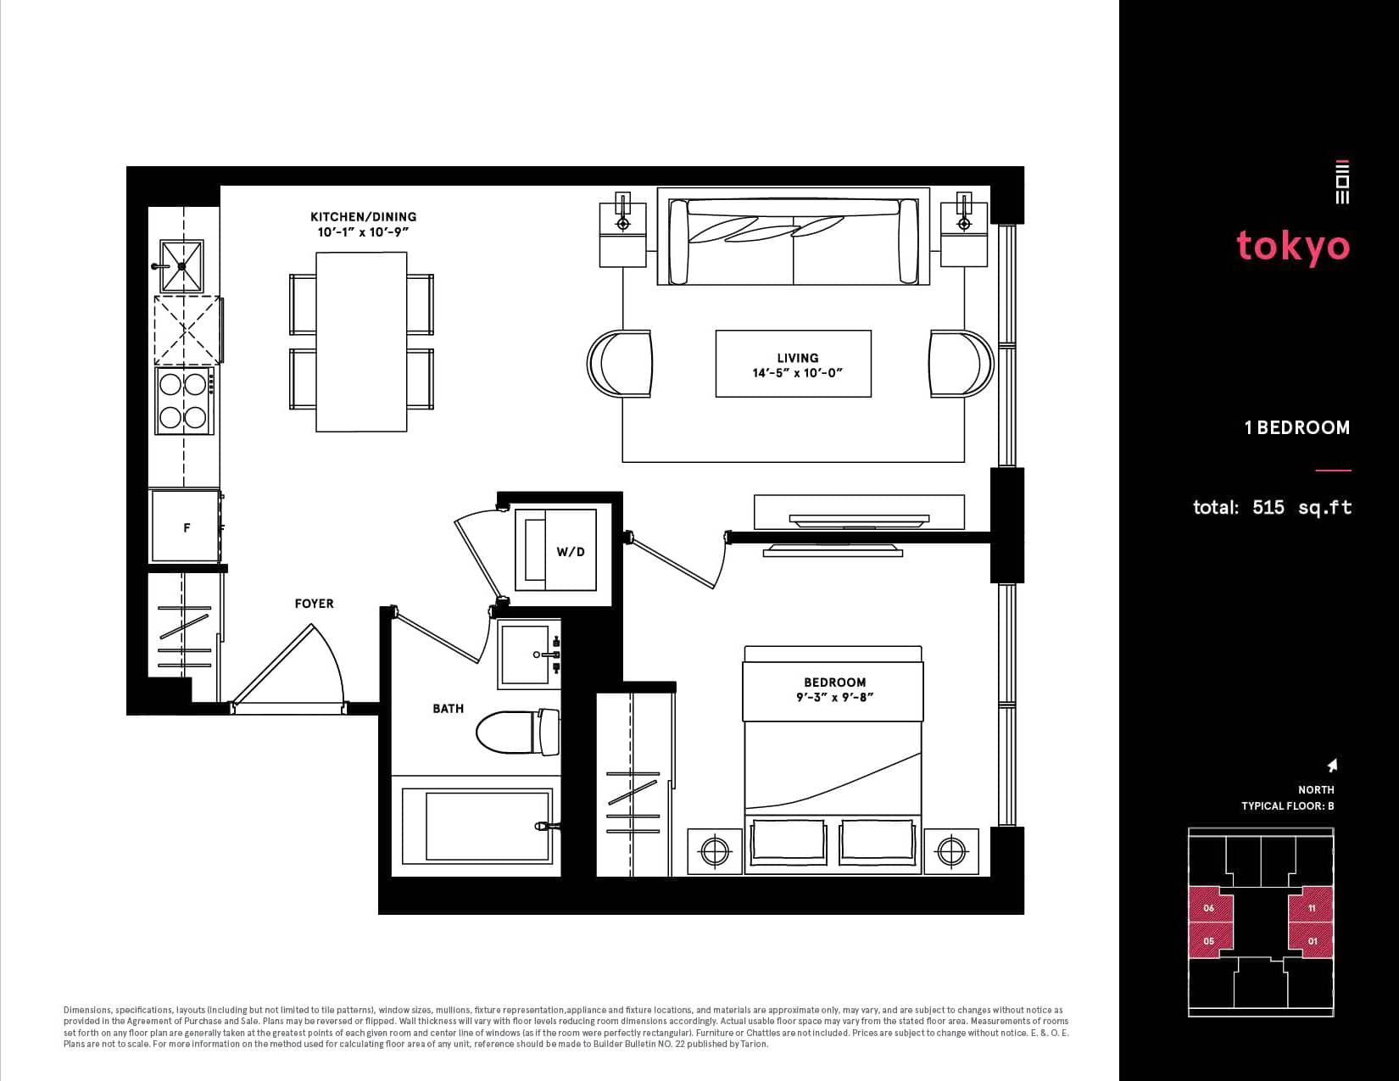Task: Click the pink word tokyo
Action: (1293, 247)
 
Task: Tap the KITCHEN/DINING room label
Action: (363, 217)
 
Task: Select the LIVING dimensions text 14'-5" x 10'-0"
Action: (798, 373)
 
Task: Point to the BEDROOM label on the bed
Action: (834, 682)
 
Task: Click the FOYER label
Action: (315, 604)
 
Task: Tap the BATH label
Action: (448, 708)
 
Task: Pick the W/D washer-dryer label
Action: (571, 552)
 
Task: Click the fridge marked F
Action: (186, 526)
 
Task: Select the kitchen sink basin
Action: (181, 266)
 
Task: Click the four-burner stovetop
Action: (184, 400)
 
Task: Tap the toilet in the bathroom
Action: (518, 732)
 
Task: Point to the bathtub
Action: (477, 826)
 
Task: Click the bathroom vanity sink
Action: (528, 655)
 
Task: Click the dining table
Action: (361, 342)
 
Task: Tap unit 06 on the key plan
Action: (1210, 908)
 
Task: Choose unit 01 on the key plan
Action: (1312, 940)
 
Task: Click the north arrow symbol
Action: (1332, 765)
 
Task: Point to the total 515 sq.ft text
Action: (1272, 507)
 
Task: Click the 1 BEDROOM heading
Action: (1296, 427)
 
